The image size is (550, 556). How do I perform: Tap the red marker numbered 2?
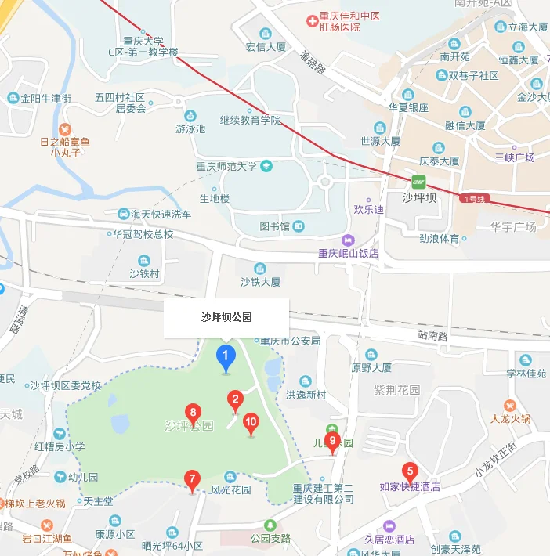click(x=233, y=401)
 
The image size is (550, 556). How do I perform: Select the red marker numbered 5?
click(x=409, y=471)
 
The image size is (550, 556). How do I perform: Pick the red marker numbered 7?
click(x=191, y=479)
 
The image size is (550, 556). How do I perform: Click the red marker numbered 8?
click(x=192, y=413)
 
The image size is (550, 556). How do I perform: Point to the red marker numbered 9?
click(x=332, y=442)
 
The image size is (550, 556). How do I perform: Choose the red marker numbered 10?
click(x=251, y=423)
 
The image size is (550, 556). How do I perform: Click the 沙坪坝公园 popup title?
click(x=226, y=317)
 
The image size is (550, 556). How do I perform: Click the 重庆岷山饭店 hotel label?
click(x=348, y=253)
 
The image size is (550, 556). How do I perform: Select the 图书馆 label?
click(x=275, y=226)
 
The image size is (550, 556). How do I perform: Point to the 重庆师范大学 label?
click(x=226, y=165)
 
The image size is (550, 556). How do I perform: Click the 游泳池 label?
click(x=190, y=128)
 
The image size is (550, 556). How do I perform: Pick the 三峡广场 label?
click(x=515, y=157)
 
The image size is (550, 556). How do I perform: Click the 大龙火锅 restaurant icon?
click(x=510, y=405)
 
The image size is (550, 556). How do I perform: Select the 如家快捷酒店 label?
click(x=409, y=486)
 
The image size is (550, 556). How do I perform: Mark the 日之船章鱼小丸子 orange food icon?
click(x=65, y=128)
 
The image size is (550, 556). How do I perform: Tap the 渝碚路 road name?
click(x=312, y=62)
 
